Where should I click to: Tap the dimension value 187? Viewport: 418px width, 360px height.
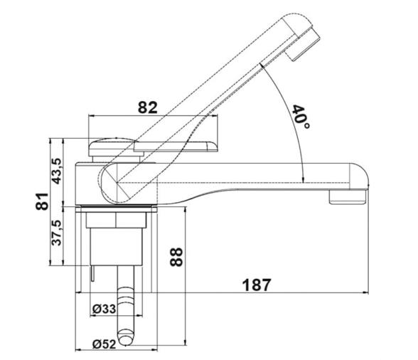click(x=257, y=285)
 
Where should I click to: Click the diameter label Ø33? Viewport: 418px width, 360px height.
click(x=105, y=308)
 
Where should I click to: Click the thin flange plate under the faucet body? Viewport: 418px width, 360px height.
click(x=118, y=208)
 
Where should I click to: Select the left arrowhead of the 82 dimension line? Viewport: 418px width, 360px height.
click(x=90, y=116)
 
